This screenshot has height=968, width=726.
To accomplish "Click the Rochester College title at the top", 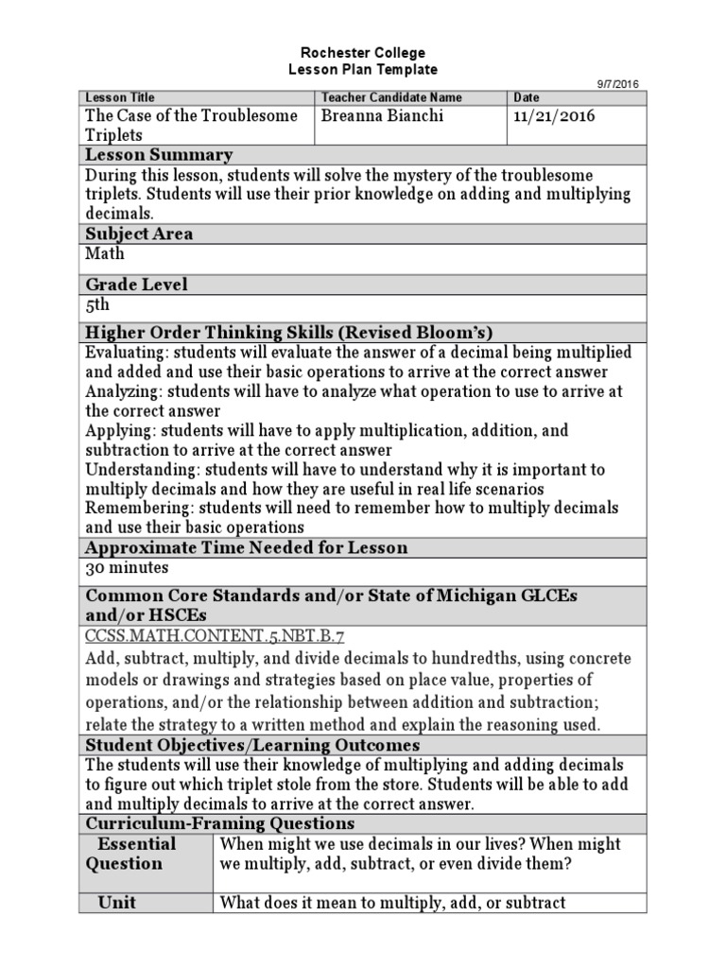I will pos(363,53).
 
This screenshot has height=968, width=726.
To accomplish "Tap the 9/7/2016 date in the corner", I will pos(617,83).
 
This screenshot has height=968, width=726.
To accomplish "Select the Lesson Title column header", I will pos(120,97).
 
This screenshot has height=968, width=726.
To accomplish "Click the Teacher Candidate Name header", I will pos(391,97).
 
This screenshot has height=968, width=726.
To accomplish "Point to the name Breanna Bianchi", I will pos(383,116).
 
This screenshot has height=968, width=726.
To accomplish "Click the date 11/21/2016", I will pos(555,116).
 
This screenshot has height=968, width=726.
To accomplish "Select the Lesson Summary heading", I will pos(159,155).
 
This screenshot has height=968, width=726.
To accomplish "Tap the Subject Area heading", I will pos(139,233).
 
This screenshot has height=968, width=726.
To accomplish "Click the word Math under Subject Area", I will pos(104,253).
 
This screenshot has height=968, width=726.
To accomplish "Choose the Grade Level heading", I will pos(136,284).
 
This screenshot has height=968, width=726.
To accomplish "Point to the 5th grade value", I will pos(97,304).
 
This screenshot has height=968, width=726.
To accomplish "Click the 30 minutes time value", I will pos(127,568).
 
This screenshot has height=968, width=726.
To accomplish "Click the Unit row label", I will pos(117,902).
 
